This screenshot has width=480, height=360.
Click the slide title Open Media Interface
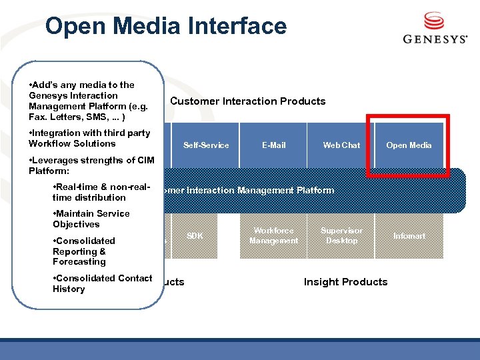point(165,26)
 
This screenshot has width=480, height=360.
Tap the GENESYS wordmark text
point(435,39)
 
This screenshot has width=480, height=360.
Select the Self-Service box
point(206,145)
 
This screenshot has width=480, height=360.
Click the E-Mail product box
point(273,145)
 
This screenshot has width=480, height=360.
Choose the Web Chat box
point(341,145)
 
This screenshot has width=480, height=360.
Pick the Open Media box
point(409,145)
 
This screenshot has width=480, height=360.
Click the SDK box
point(195,236)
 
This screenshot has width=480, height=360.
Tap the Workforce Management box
point(273,236)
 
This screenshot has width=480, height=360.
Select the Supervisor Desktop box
point(341,236)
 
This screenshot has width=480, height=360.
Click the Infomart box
point(409,236)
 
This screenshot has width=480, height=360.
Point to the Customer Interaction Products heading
point(248,101)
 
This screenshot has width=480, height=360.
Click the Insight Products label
point(345,282)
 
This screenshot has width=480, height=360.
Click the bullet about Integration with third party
point(90,138)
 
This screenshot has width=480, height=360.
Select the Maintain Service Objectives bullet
point(91,219)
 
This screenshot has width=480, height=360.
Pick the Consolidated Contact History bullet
point(103,283)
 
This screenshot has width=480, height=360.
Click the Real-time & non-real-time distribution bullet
point(100,192)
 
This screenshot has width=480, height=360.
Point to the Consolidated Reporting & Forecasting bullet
point(84,251)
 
